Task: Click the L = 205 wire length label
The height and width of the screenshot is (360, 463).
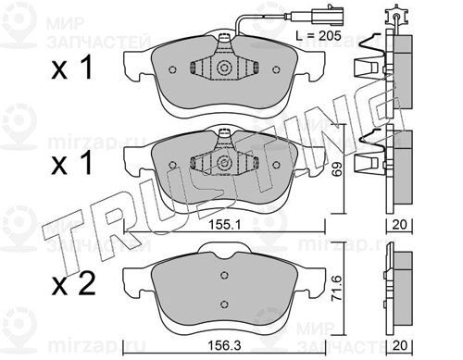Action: pyautogui.click(x=319, y=36)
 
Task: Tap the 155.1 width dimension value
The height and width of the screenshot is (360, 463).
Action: pyautogui.click(x=224, y=225)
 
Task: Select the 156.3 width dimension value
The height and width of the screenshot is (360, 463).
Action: pyautogui.click(x=224, y=346)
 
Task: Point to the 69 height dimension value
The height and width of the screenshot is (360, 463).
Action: pyautogui.click(x=338, y=168)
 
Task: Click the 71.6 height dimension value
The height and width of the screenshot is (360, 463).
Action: pyautogui.click(x=338, y=288)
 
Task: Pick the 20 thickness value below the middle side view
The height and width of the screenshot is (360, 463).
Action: pyautogui.click(x=399, y=225)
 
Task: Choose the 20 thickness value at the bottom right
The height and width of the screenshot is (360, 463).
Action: pyautogui.click(x=399, y=345)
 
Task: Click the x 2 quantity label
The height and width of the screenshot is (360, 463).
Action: pyautogui.click(x=73, y=284)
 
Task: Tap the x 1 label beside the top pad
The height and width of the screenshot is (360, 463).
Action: pyautogui.click(x=72, y=68)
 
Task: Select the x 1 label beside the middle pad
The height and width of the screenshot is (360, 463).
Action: pyautogui.click(x=72, y=164)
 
